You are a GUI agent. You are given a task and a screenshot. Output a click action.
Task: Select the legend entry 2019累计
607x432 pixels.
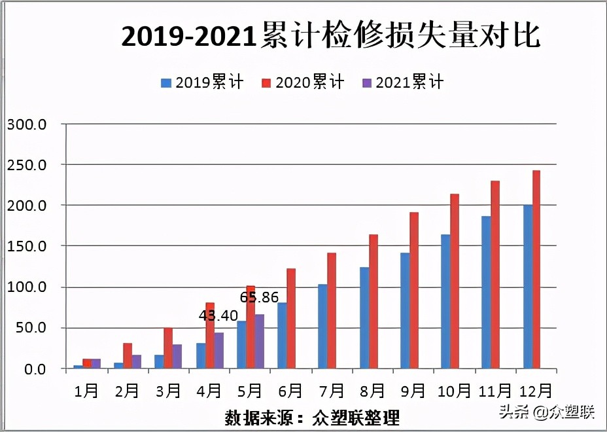tap(203, 82)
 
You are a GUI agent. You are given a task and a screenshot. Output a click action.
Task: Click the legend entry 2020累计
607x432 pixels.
tap(303, 82)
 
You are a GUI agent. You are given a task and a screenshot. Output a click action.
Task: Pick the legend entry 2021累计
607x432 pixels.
tap(403, 82)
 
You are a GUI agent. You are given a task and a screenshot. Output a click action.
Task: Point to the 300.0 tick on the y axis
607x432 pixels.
tap(26, 124)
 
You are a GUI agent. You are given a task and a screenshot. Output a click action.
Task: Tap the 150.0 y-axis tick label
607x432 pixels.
tap(26, 246)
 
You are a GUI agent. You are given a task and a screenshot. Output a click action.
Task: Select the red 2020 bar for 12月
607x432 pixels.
tap(536, 270)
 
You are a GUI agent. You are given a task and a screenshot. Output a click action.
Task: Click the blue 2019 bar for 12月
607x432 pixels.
tap(527, 287)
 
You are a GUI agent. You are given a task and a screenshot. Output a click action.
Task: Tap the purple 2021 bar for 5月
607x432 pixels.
tap(260, 342)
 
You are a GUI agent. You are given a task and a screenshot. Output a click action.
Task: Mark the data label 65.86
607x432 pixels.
tap(259, 297)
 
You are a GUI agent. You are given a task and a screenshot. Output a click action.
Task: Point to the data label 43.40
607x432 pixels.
tap(218, 315)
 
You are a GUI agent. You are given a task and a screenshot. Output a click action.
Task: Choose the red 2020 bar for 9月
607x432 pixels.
tap(414, 291)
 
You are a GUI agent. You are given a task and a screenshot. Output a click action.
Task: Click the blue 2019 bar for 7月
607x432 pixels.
tap(322, 326)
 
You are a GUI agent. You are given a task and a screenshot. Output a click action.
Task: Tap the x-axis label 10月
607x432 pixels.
tap(454, 391)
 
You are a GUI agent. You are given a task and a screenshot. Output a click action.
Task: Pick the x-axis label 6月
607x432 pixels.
tap(290, 391)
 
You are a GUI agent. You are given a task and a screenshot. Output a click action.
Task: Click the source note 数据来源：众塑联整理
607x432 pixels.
tap(312, 417)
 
